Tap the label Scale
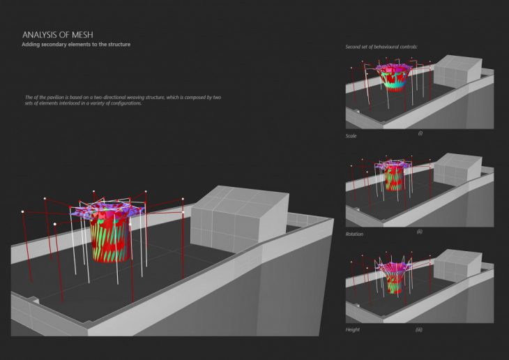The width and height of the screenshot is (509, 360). (351, 136)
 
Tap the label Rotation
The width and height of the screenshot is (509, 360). (354, 234)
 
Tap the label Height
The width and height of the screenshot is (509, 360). (353, 328)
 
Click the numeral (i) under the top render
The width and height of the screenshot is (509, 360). (420, 133)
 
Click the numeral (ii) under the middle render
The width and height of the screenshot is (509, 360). (420, 231)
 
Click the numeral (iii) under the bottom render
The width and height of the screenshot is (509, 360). (420, 329)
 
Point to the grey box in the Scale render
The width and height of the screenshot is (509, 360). (457, 73)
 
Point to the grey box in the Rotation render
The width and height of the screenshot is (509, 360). (457, 170)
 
